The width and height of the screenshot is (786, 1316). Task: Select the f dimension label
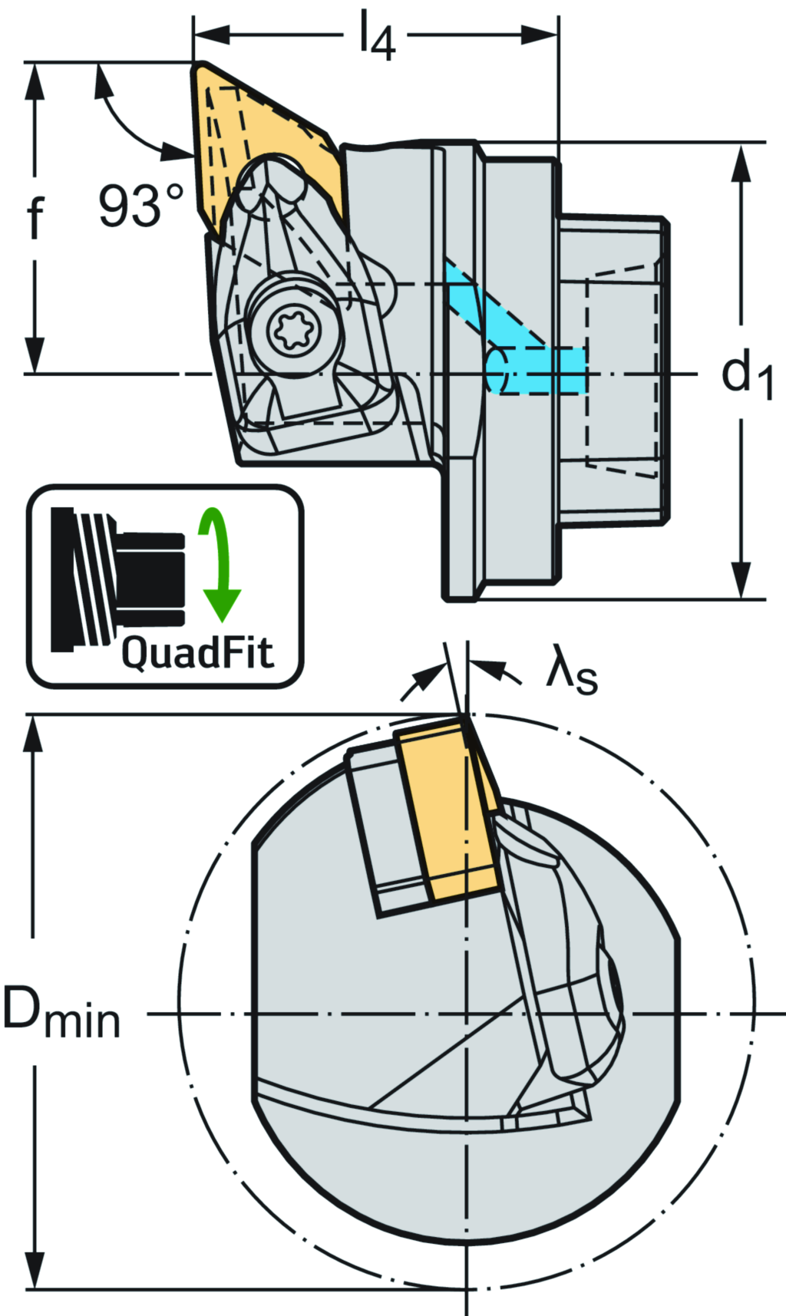click(35, 218)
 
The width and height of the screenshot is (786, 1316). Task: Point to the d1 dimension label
click(745, 375)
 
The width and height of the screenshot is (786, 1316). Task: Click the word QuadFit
click(197, 654)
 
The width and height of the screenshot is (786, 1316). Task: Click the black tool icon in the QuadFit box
click(115, 576)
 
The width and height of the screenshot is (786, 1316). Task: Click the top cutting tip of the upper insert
click(194, 64)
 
